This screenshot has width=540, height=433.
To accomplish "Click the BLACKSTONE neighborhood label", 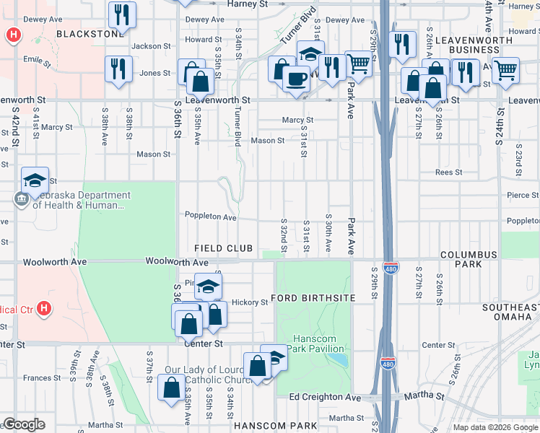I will click(x=90, y=34).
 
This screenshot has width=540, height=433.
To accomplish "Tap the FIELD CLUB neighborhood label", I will click(x=224, y=248).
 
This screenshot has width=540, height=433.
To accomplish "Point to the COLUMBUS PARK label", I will click(x=469, y=260).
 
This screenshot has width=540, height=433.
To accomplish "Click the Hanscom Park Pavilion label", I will click(x=318, y=344).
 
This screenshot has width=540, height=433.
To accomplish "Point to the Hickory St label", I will click(x=250, y=302).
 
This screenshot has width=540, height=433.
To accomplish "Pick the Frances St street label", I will click(x=37, y=378).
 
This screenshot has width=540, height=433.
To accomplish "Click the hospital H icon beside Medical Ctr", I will click(x=44, y=309).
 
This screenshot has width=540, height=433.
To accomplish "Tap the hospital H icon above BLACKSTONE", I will click(x=12, y=34).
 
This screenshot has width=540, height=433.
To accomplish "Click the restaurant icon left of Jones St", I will click(x=118, y=69).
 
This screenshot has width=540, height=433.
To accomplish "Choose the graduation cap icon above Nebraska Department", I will click(x=34, y=180).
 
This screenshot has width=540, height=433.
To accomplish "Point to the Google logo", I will click(x=24, y=424).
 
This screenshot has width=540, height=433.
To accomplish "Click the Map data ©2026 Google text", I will click(x=495, y=427).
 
